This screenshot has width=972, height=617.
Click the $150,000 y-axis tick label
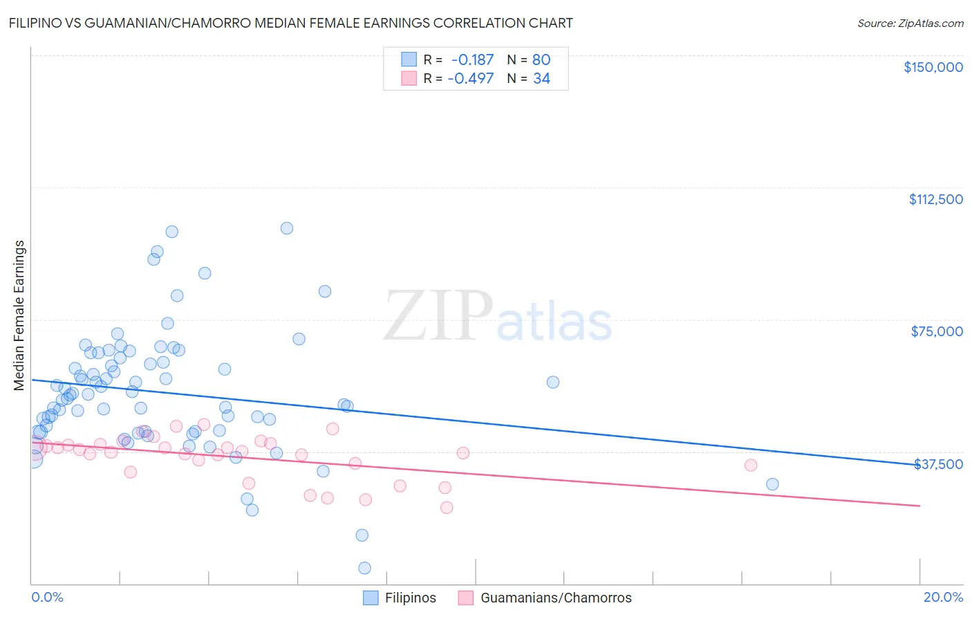coord(933,67)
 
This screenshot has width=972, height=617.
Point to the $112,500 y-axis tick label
coord(935,199)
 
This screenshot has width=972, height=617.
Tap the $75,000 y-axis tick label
coord(937,331)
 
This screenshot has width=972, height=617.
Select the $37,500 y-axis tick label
coord(938,464)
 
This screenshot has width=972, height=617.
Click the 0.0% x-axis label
coord(47,597)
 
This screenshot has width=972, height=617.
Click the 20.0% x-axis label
coord(943,597)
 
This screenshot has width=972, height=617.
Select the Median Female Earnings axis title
coord(19,315)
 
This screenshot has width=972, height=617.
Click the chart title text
coord(290,23)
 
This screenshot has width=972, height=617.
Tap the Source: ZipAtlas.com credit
coord(910,23)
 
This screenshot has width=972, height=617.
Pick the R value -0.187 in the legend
coord(472,60)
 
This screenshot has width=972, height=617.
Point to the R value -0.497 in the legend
coord(470,79)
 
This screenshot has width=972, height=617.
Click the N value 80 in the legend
coord(541,60)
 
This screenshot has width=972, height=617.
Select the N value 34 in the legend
coord(541,79)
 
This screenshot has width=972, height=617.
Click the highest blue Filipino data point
coord(287,228)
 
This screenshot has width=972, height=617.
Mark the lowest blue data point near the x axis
coord(364,568)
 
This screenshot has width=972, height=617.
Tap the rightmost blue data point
coord(772,484)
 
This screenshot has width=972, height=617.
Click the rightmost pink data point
coord(751,465)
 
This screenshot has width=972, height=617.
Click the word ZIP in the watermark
coord(438,316)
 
